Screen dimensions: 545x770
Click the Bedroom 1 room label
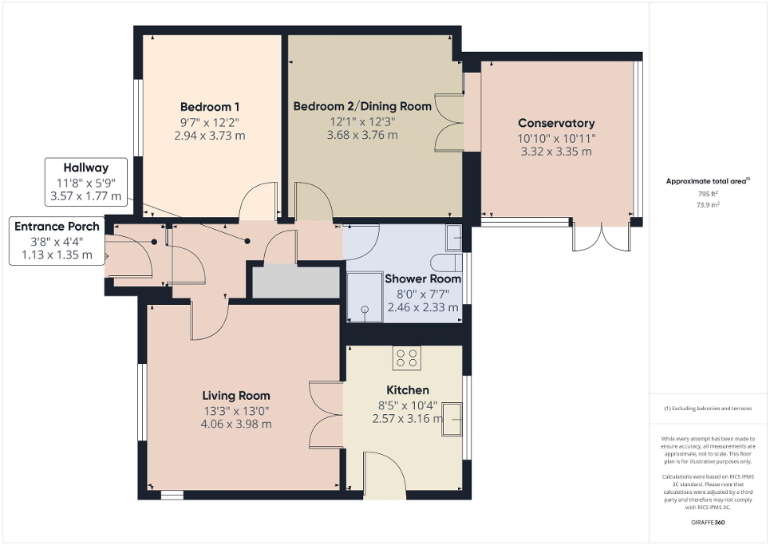point(210,107)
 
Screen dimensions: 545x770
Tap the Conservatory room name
point(556,123)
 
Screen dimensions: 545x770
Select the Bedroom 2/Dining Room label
point(362,106)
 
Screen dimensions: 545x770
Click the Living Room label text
point(236,395)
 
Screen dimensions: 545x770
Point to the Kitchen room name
point(408,390)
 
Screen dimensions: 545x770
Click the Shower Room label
point(423,279)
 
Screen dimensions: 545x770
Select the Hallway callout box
point(86,181)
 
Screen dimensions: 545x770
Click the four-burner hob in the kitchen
point(406,358)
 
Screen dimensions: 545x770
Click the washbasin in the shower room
point(453,236)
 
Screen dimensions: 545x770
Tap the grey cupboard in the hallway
point(296,282)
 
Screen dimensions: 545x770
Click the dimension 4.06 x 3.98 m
point(236,424)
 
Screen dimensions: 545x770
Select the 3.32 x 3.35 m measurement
point(556,152)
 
